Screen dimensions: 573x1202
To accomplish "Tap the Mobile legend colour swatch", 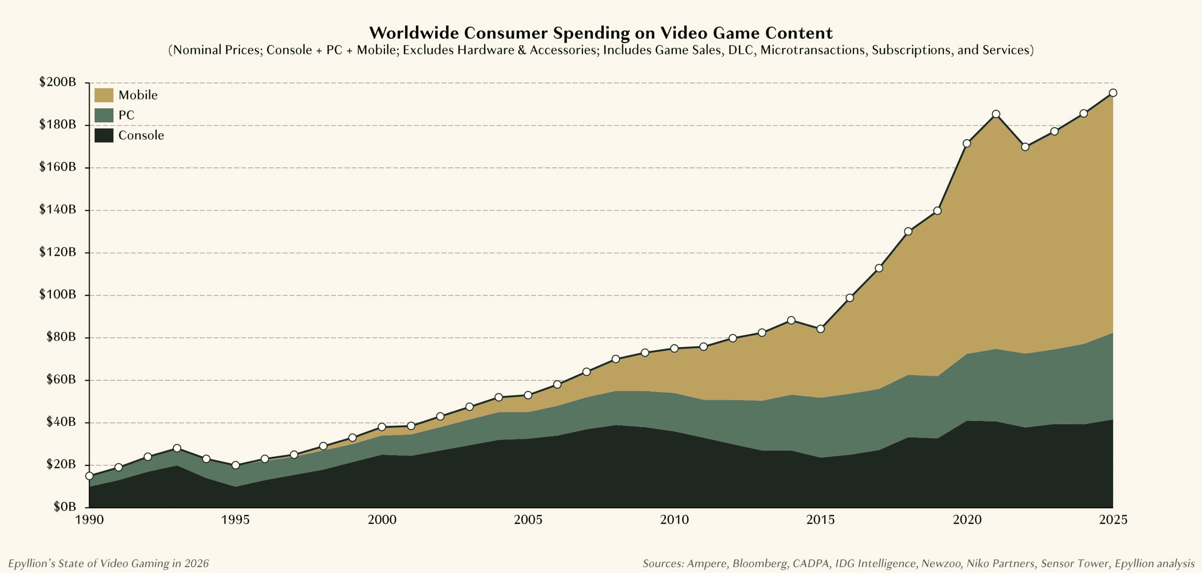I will (x=104, y=95).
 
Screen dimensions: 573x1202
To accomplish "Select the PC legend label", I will (x=126, y=115).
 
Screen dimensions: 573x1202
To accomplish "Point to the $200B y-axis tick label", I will (x=57, y=82).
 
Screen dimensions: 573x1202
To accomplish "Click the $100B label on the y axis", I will (x=57, y=294).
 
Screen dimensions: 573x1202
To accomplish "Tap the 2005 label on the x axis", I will (x=528, y=520).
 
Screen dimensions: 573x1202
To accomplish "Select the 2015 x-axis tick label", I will (x=820, y=520).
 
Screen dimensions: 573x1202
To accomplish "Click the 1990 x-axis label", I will (x=89, y=520).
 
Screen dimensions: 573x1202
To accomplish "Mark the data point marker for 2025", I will (x=1113, y=93).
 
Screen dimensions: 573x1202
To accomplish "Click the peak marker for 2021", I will (x=996, y=115).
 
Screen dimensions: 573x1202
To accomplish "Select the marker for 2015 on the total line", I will (x=820, y=329).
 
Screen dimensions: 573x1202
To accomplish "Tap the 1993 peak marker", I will (x=177, y=448).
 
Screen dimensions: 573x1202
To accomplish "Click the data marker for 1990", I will (x=89, y=476).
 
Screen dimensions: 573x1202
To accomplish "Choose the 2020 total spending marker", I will (x=966, y=143).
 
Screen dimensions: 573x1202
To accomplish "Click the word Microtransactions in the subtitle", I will (x=812, y=50).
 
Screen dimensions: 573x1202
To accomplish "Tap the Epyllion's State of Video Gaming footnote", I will (x=108, y=563).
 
